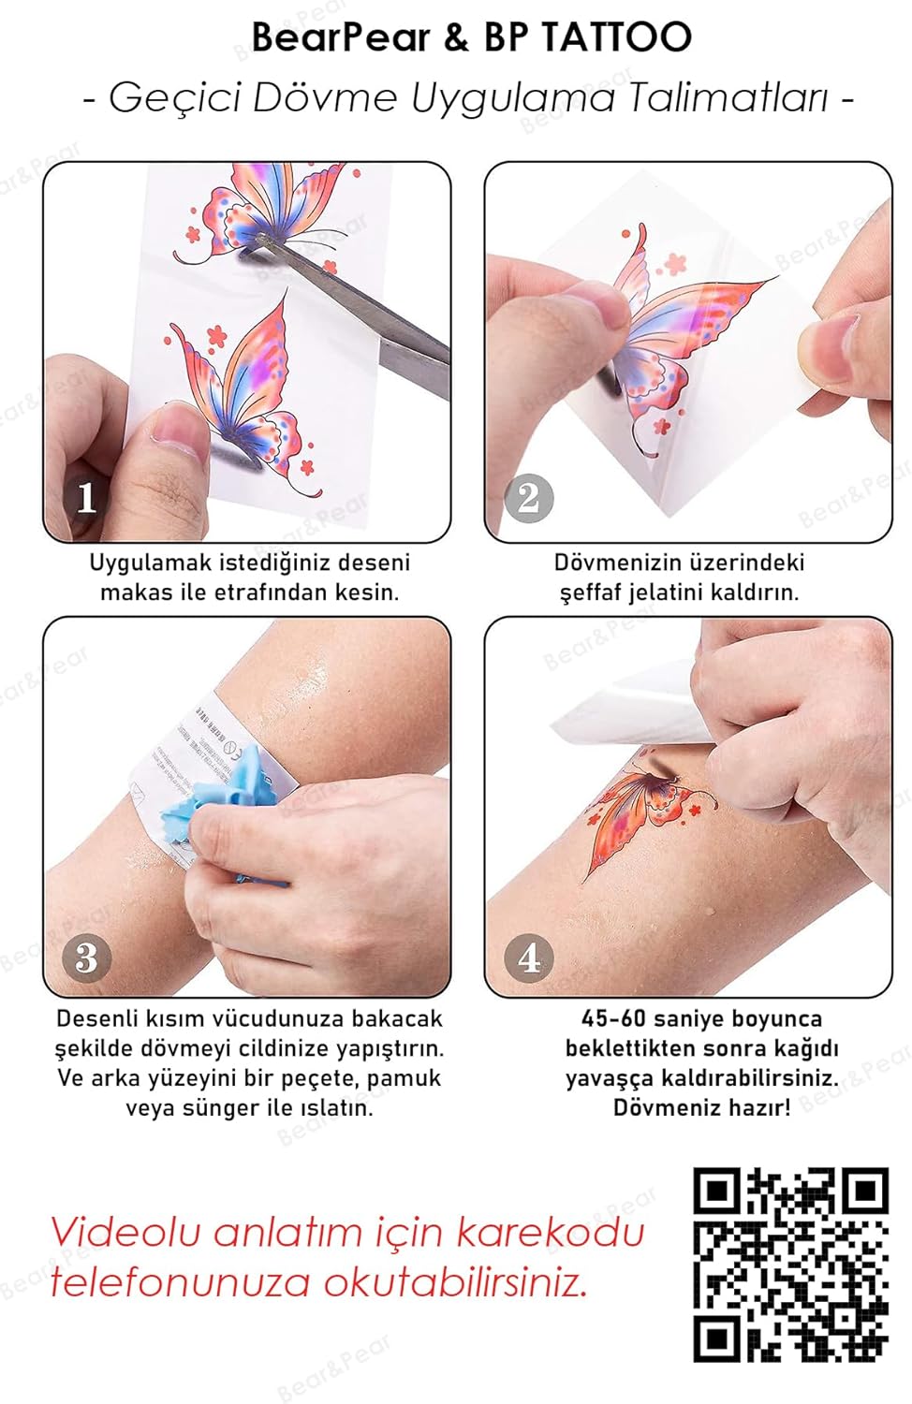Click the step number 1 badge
86,497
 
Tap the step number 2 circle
528,497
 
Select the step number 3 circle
86,957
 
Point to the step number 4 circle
528,957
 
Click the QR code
790,1264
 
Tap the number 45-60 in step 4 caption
613,1018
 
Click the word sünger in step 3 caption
201,1108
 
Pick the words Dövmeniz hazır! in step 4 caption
701,1108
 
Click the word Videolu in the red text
125,1232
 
